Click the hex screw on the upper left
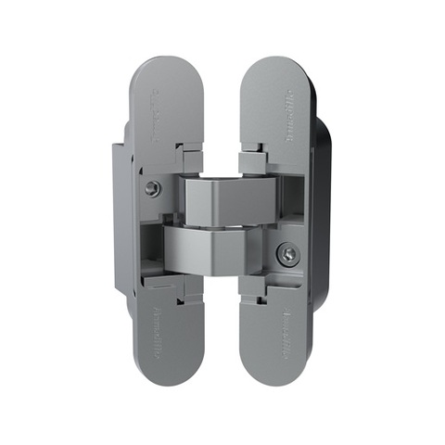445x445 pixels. (x=152, y=188)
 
